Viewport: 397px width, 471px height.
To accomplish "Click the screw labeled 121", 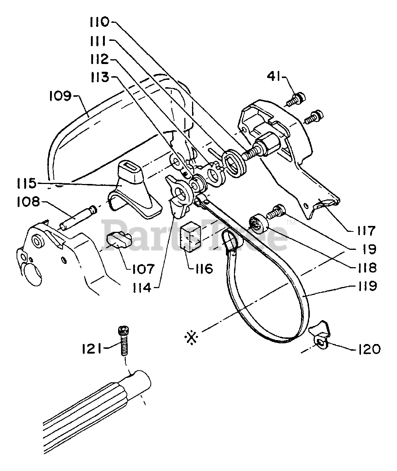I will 123,340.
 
